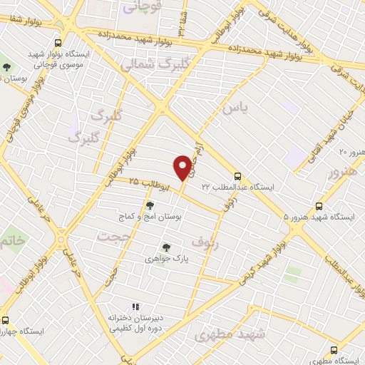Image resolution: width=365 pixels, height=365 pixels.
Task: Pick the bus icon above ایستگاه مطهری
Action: (x=334, y=350)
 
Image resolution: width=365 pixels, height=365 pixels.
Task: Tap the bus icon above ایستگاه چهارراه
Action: (x=5, y=320)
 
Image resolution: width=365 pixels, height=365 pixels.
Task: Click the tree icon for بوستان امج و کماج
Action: (x=149, y=205)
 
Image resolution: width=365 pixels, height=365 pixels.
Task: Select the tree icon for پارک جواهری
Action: (x=166, y=247)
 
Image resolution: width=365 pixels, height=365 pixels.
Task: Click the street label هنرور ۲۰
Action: (x=351, y=152)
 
